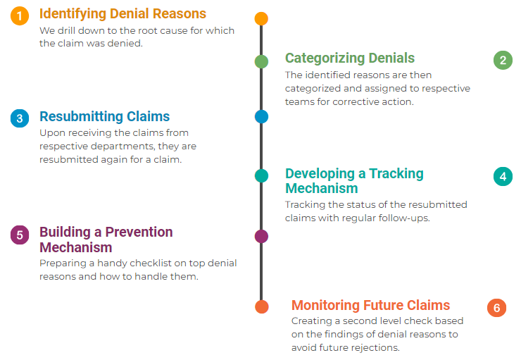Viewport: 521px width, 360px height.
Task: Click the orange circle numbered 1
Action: click(x=20, y=15)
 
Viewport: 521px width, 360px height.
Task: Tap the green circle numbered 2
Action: click(x=503, y=60)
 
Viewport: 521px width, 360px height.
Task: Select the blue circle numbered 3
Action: click(x=20, y=118)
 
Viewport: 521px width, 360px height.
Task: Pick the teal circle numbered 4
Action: click(x=503, y=175)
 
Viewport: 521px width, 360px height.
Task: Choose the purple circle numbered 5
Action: click(x=20, y=235)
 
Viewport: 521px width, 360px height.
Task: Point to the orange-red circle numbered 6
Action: click(x=496, y=308)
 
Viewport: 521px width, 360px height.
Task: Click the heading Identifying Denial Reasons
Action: click(x=123, y=14)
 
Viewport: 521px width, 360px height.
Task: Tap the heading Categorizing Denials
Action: click(x=349, y=58)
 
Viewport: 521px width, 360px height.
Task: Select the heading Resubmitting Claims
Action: click(x=104, y=116)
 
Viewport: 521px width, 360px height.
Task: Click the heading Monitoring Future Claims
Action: click(x=370, y=305)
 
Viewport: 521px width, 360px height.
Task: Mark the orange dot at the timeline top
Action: click(x=261, y=18)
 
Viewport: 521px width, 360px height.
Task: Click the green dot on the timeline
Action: click(x=261, y=61)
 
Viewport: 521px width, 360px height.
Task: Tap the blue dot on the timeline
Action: click(x=261, y=116)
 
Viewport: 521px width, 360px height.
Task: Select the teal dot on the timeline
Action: click(x=261, y=175)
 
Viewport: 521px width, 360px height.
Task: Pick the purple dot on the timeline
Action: click(x=261, y=236)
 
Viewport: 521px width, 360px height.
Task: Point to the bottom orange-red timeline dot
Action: click(x=261, y=306)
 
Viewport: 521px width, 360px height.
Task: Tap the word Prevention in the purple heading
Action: click(x=139, y=232)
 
